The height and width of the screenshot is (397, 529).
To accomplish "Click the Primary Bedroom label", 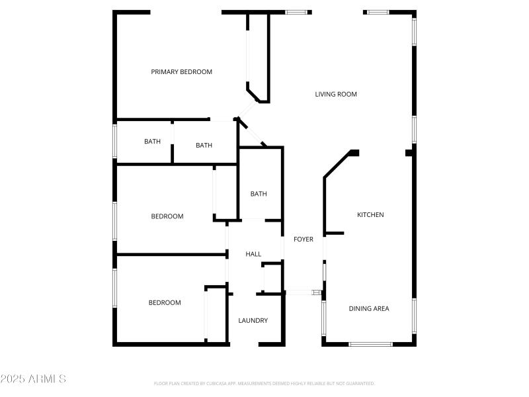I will pyautogui.click(x=181, y=72).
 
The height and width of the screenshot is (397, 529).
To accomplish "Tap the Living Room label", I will pyautogui.click(x=336, y=95).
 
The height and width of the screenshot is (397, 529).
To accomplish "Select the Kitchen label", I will pyautogui.click(x=370, y=215).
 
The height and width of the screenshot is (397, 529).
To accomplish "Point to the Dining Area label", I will pyautogui.click(x=369, y=308).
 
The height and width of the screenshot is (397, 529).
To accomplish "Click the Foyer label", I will pyautogui.click(x=304, y=240).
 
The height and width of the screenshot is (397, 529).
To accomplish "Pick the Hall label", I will pyautogui.click(x=253, y=254).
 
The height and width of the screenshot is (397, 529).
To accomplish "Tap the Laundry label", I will pyautogui.click(x=253, y=321).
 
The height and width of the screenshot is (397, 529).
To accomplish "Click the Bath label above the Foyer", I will pyautogui.click(x=259, y=194).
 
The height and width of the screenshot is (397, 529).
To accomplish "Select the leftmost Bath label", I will pyautogui.click(x=153, y=142).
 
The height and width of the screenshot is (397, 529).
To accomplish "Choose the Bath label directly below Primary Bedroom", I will pyautogui.click(x=204, y=146).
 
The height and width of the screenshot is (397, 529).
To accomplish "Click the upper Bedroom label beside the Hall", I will pyautogui.click(x=167, y=216).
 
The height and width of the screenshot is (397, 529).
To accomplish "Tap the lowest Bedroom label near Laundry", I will pyautogui.click(x=165, y=303).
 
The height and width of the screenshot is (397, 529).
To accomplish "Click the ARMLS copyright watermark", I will pyautogui.click(x=33, y=379).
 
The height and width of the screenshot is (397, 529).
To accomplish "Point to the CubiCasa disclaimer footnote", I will pyautogui.click(x=264, y=383).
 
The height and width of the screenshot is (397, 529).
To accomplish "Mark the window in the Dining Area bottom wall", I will pyautogui.click(x=370, y=343).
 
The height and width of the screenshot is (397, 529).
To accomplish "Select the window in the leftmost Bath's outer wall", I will pyautogui.click(x=115, y=142).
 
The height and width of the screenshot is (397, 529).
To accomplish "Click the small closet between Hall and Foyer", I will pyautogui.click(x=272, y=278).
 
